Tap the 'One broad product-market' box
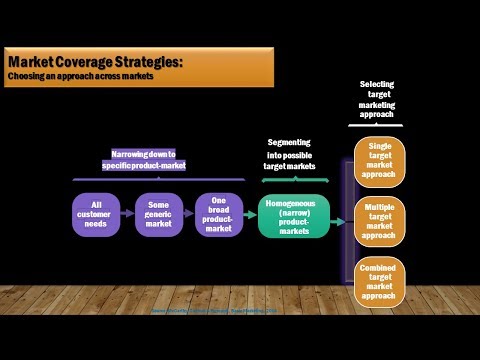pos(218,214)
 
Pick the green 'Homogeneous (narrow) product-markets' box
pos(293,214)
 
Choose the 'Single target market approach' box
pos(379,159)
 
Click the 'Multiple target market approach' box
pos(379,220)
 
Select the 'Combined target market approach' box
pos(379,281)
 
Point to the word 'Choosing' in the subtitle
pos(27,77)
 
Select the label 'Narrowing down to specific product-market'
pos(143,161)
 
